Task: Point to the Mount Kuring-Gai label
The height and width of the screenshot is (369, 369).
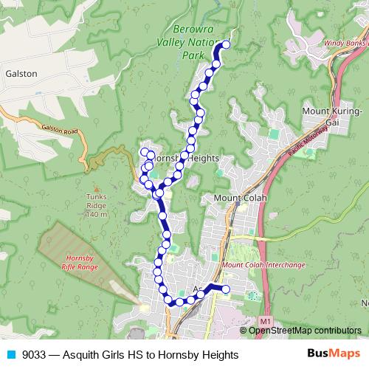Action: point(331,117)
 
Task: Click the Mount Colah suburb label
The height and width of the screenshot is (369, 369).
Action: point(240,198)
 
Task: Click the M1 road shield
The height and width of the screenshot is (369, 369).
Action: point(266,320)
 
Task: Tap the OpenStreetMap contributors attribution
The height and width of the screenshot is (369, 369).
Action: point(305,330)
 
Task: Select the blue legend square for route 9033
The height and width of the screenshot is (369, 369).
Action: point(10,355)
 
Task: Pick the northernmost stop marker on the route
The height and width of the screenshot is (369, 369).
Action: point(226,45)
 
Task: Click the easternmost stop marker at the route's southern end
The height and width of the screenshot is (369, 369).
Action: point(226,289)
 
